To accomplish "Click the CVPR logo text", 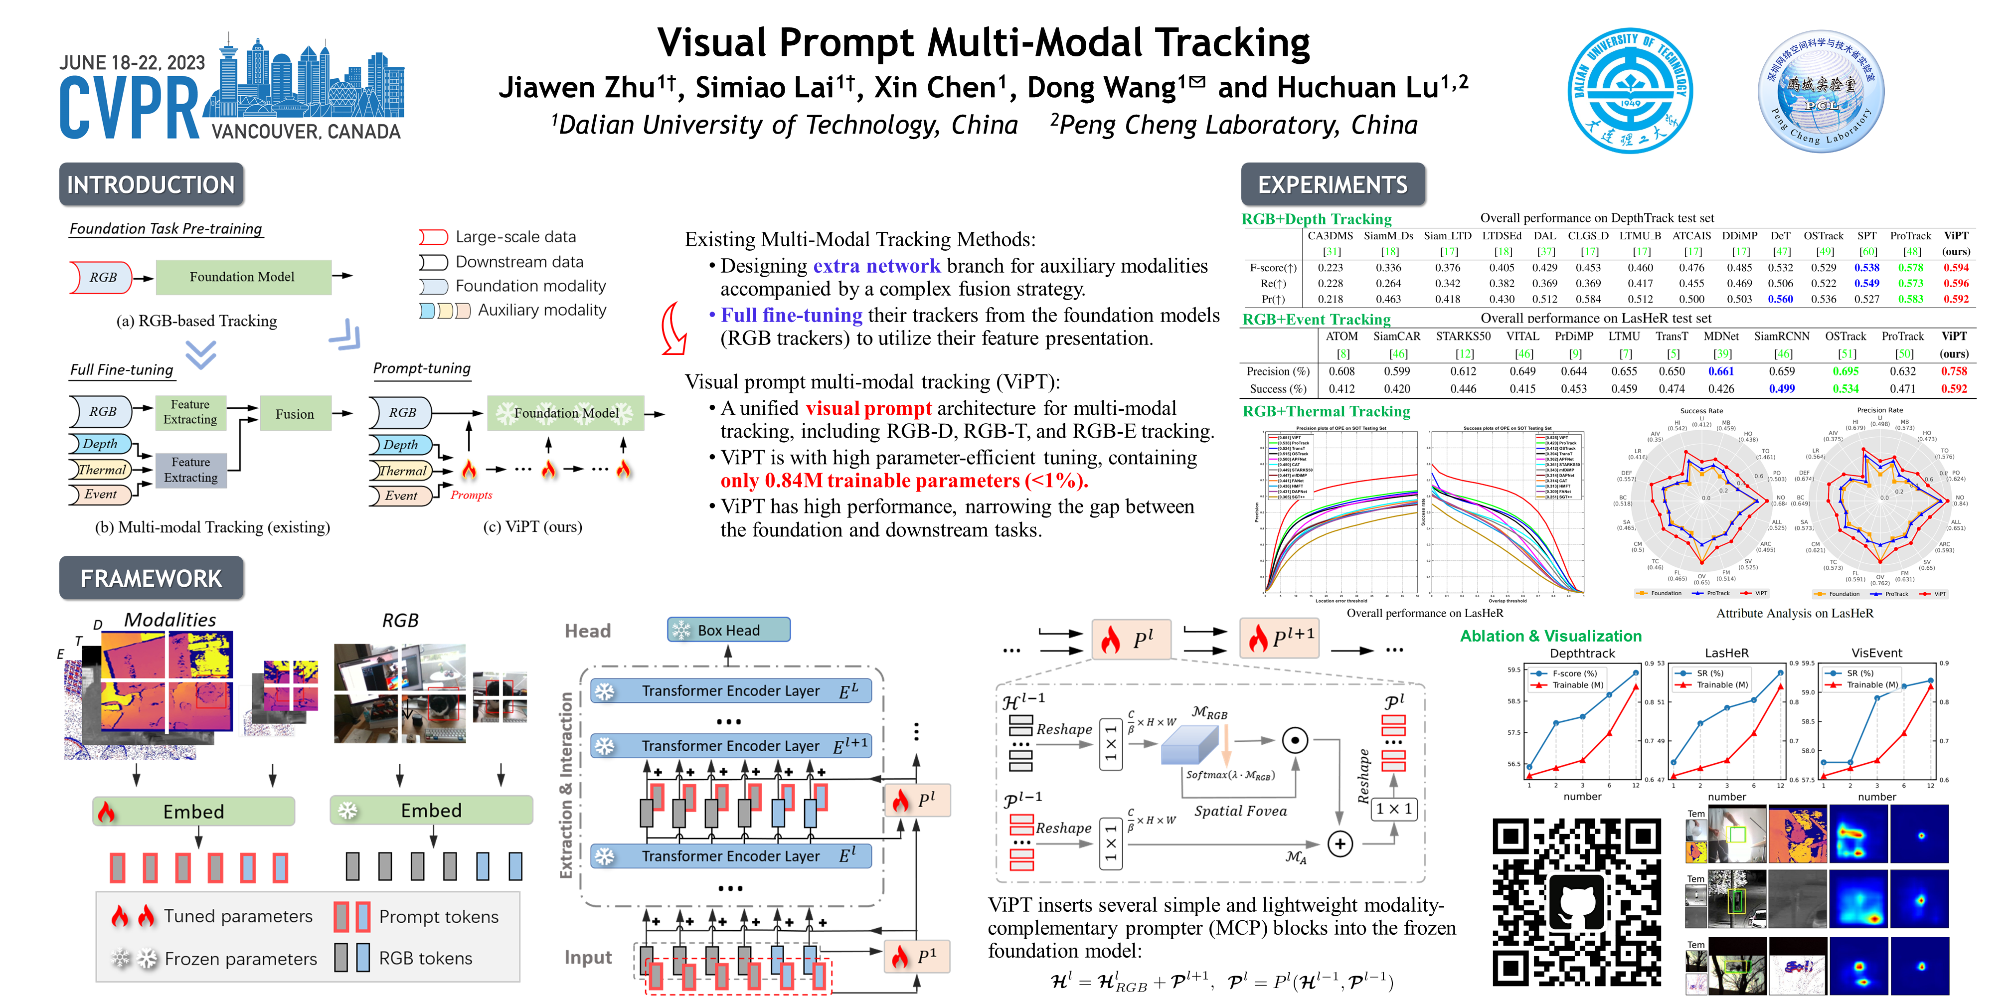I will point(129,109).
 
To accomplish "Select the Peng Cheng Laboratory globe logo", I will point(1821,91).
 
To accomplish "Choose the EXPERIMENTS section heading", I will point(1333,185).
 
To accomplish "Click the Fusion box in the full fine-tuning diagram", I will point(294,414).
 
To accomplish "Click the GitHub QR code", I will point(1577,902).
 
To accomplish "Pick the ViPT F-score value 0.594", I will point(1955,268).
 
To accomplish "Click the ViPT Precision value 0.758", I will point(1954,371).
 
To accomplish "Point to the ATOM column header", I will point(1341,336).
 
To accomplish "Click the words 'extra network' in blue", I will point(876,266).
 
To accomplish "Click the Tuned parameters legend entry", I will point(237,916).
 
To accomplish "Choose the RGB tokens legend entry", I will point(425,958).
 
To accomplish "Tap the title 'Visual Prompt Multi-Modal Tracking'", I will point(983,43).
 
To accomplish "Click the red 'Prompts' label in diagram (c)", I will point(471,495).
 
